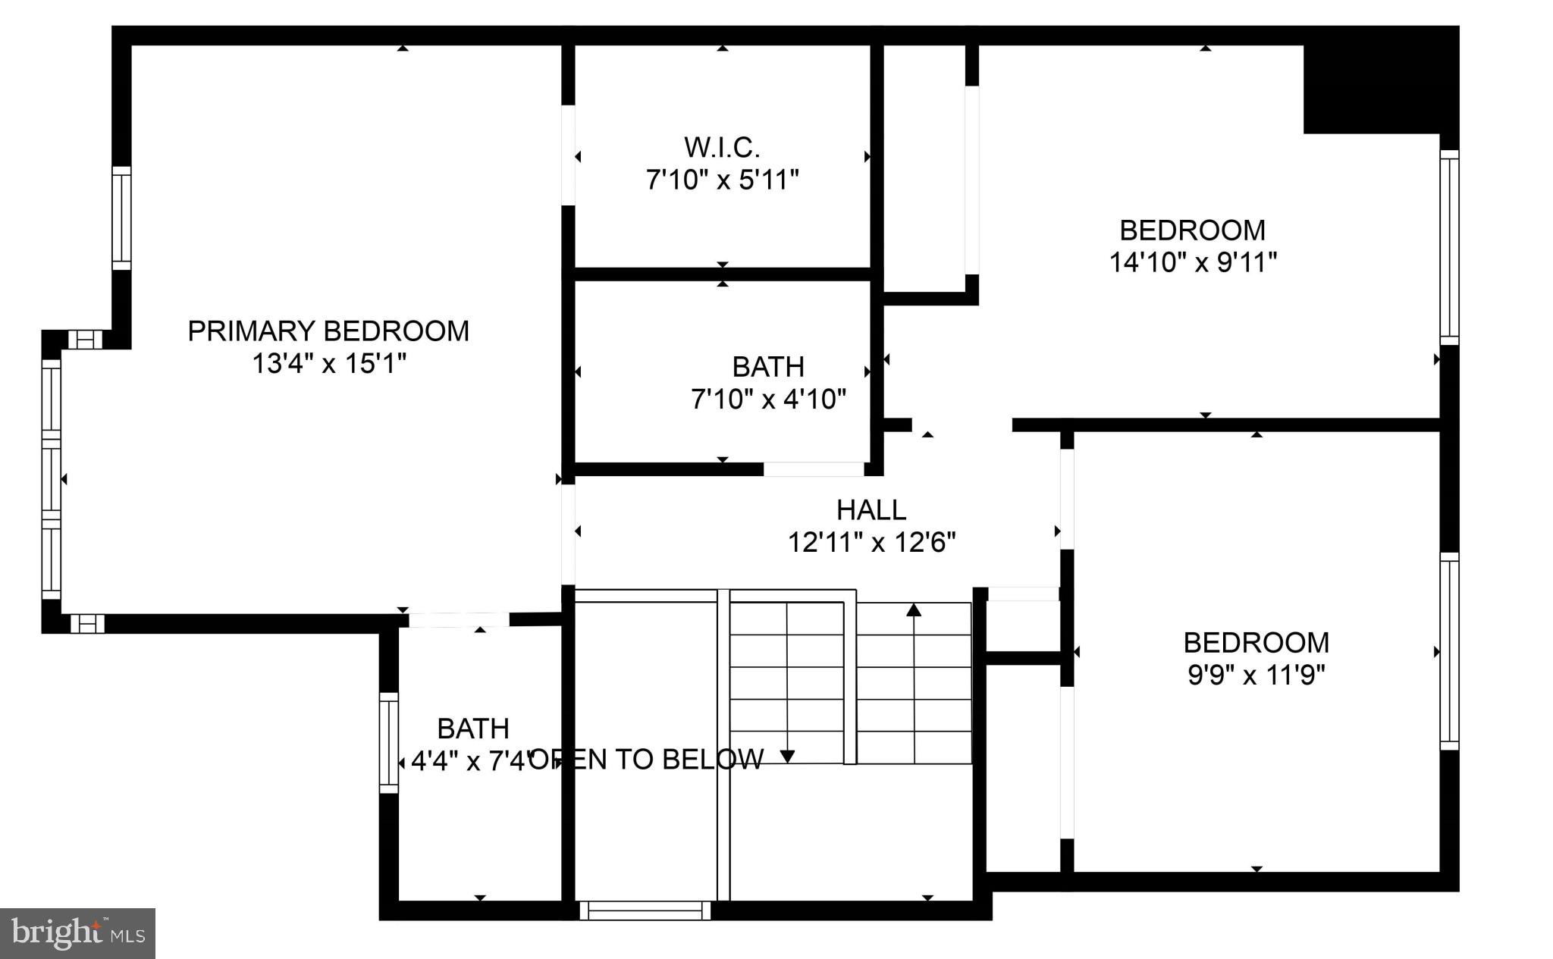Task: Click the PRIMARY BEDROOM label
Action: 328,331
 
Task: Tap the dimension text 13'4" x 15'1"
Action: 328,364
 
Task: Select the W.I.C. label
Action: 722,146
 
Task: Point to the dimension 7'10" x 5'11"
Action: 722,180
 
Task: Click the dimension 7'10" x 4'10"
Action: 768,399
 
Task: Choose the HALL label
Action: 871,510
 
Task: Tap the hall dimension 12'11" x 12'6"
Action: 871,543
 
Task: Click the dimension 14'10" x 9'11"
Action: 1193,262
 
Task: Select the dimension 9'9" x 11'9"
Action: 1256,675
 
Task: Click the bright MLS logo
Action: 77,933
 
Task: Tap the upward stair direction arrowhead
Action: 914,609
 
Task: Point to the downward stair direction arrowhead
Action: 787,756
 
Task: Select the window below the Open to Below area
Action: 645,910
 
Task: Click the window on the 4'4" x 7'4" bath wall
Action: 388,742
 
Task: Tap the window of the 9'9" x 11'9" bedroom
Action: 1448,651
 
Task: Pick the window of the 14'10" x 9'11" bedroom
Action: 1448,247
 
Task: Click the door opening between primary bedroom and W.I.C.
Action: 568,155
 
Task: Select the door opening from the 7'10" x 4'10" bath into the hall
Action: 813,469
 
